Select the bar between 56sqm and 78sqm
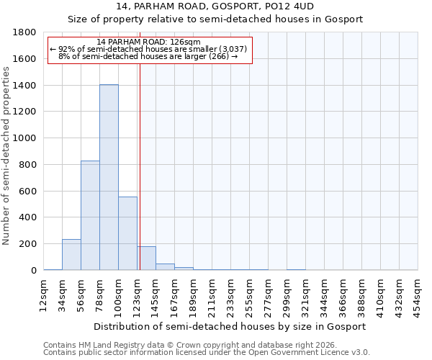(90, 215)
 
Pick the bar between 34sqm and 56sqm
(71, 255)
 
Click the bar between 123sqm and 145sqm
(146, 258)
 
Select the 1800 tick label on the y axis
(25, 32)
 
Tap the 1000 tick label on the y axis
(25, 138)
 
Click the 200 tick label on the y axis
(28, 244)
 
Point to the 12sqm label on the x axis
(44, 294)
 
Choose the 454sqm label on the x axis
(418, 294)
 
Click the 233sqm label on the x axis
(231, 294)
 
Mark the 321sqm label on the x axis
(306, 294)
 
